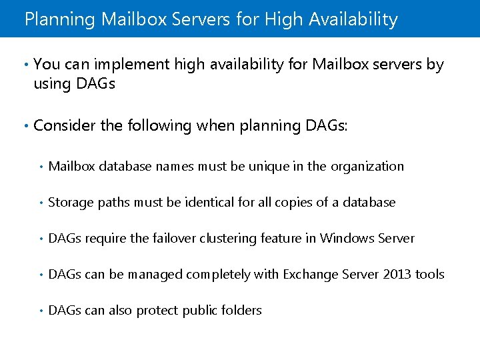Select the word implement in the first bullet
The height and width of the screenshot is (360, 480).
(x=131, y=65)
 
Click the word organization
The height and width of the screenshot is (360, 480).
(x=365, y=166)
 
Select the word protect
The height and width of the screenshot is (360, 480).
(x=157, y=310)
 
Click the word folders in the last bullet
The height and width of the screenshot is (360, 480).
(x=243, y=310)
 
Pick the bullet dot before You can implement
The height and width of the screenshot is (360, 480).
(x=25, y=65)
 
